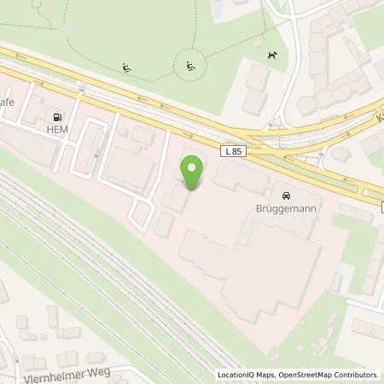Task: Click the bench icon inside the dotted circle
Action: pyautogui.click(x=189, y=66)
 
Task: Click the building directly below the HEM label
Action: pyautogui.click(x=30, y=154)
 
